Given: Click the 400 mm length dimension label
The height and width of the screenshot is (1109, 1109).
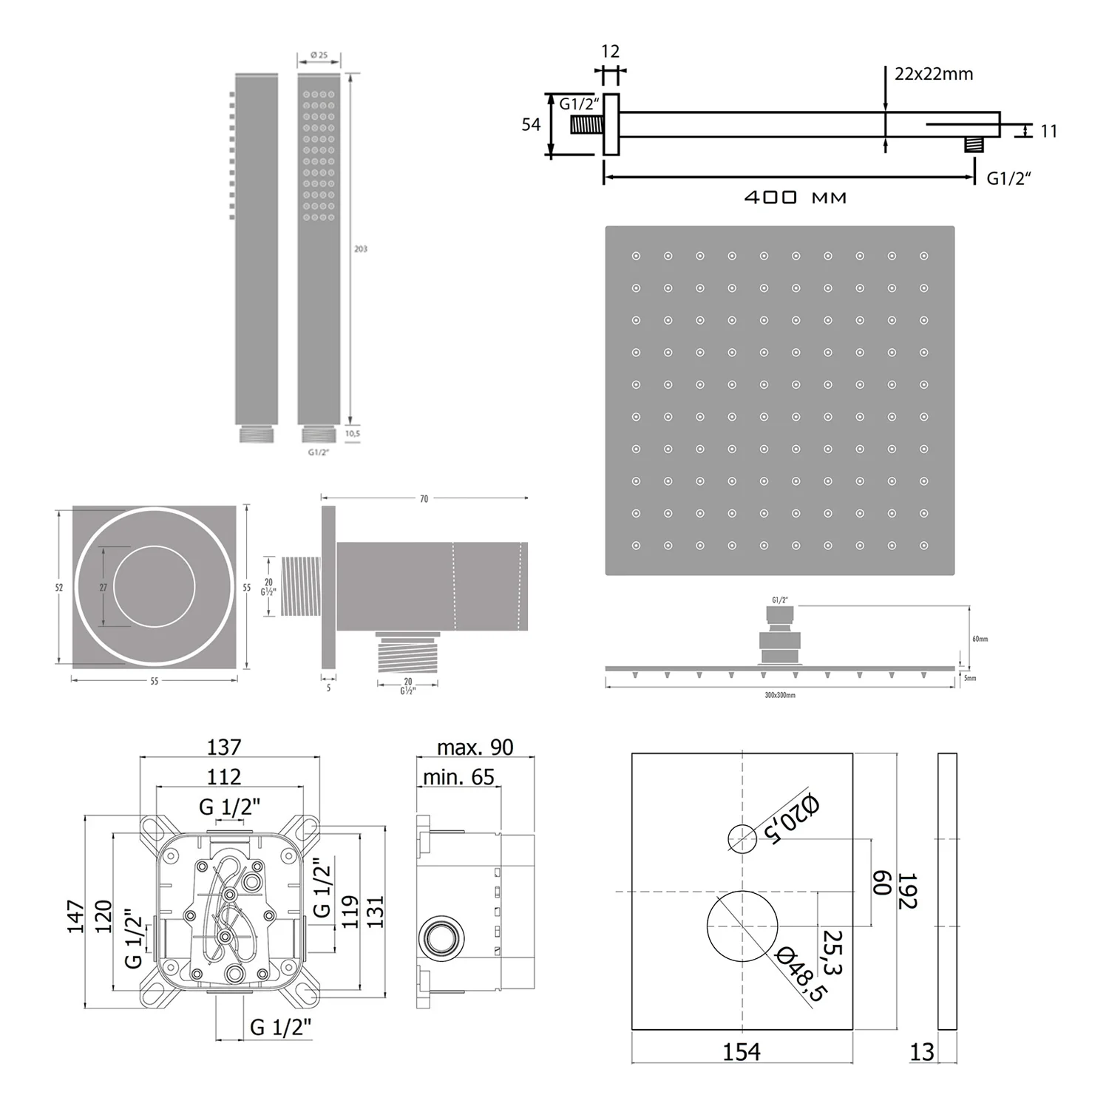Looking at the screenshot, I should tap(795, 197).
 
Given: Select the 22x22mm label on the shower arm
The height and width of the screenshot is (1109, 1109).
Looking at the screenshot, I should tap(933, 74).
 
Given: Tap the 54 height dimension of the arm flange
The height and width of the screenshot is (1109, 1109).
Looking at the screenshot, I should tap(531, 125).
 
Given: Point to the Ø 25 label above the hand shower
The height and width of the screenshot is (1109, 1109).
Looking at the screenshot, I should tap(319, 55).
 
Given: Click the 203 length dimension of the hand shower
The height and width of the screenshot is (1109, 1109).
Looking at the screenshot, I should tap(361, 249).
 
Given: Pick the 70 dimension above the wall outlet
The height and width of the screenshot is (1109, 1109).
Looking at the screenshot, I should tap(424, 499).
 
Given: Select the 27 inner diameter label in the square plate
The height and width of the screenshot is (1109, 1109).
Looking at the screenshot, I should tap(104, 588).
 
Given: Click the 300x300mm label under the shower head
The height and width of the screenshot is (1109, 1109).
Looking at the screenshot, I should tap(780, 695).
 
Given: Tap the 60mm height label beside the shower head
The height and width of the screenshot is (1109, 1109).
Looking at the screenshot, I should tap(980, 639).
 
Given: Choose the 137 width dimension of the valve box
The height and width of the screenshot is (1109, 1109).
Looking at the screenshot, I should tap(223, 747).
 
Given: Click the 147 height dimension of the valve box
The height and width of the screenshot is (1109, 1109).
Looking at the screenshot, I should tap(76, 917).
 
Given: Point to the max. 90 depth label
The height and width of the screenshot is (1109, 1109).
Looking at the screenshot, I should tap(475, 747).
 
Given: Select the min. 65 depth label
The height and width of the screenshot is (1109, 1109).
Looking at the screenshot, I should tap(458, 777).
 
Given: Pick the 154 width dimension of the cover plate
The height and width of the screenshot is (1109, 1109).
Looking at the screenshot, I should tap(741, 1051).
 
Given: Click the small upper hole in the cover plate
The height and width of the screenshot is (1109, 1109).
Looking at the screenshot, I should tap(742, 839).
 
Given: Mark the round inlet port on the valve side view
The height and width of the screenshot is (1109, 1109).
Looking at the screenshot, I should tap(441, 938).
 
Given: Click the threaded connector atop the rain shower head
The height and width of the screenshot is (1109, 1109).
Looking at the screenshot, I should tap(779, 614).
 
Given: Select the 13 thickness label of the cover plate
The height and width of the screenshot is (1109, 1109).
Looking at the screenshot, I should tap(921, 1051).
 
